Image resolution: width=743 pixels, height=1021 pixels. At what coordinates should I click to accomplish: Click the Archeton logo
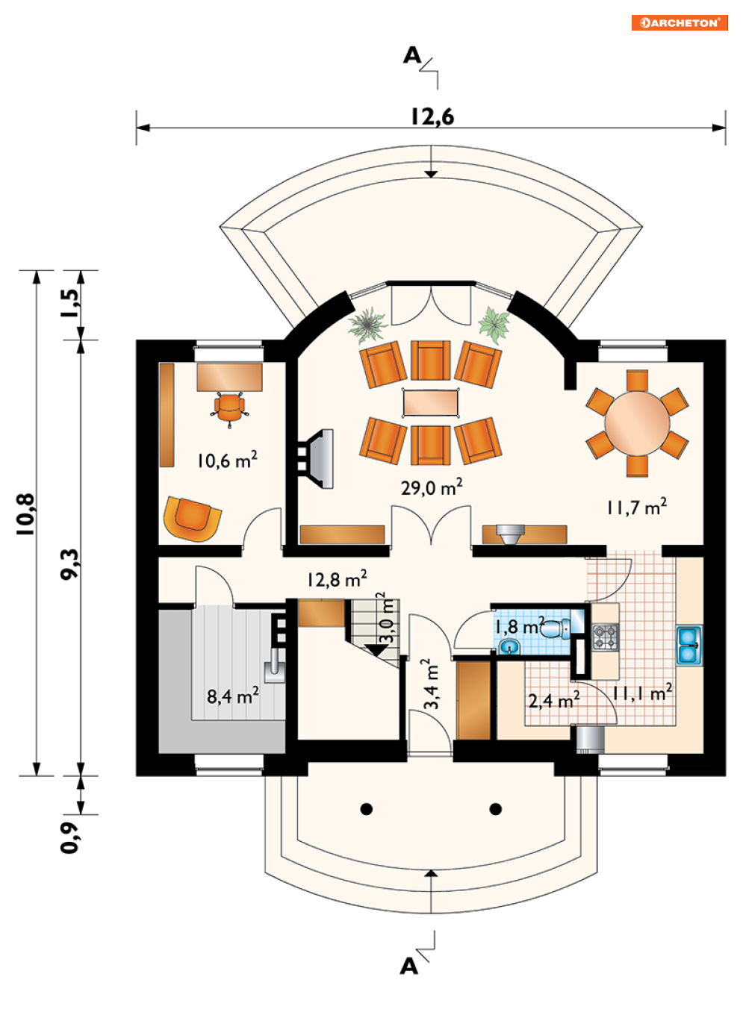679,23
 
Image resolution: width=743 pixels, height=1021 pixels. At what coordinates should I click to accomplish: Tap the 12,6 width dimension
432,116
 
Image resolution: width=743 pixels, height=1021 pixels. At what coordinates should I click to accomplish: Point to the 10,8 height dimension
25,514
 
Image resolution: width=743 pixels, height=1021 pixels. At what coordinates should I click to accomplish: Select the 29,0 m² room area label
432,487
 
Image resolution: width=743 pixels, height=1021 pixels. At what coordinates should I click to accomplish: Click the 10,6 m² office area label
227,460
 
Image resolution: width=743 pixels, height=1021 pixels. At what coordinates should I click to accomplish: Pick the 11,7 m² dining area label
636,507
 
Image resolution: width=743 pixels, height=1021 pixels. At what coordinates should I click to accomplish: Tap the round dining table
637,423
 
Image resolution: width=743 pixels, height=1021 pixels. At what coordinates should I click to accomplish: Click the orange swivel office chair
229,408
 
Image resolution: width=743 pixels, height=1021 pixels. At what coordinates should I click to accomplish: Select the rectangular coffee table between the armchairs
431,402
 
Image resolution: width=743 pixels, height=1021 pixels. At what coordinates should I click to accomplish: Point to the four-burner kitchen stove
605,637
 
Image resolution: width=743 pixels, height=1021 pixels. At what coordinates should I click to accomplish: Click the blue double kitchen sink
688,645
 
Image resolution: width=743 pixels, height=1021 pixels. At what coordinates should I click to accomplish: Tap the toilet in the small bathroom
555,628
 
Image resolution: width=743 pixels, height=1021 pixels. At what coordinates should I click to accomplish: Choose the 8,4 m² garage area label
233,696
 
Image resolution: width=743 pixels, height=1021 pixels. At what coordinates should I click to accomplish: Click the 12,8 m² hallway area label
337,579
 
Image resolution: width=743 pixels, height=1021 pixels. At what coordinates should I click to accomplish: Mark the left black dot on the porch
366,809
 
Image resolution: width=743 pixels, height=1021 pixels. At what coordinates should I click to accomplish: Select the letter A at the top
412,56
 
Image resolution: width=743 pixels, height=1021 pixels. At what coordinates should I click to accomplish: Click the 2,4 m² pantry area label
554,699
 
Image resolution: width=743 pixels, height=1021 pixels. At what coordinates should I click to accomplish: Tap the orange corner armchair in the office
193,519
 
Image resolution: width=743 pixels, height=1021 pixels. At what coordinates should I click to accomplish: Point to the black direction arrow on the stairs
376,649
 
